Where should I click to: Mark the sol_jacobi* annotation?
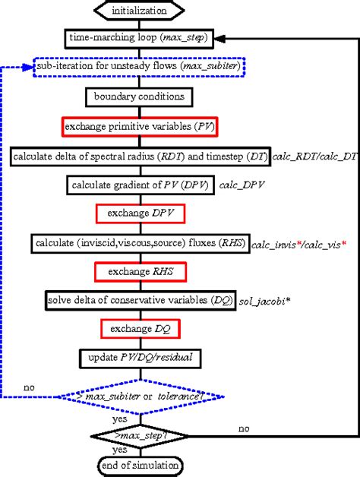[x=264, y=301]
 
